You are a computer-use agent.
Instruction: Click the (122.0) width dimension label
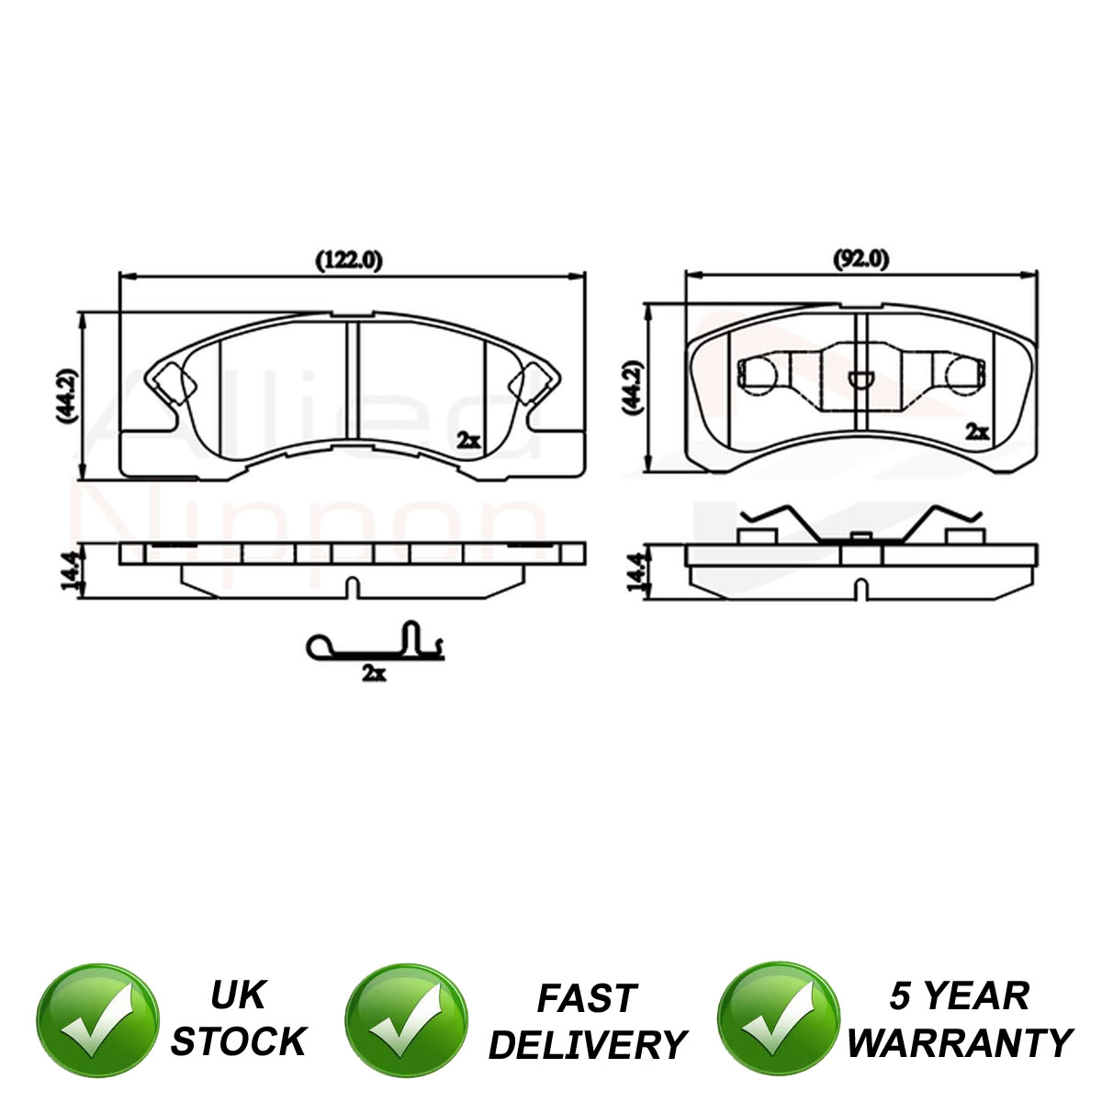coord(349,261)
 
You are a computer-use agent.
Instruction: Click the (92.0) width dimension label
coord(860,260)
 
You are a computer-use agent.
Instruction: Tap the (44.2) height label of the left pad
coord(67,396)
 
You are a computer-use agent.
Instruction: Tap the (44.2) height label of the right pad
coord(632,388)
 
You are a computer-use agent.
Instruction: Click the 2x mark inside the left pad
coord(468,441)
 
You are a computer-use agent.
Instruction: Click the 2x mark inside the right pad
coord(977,432)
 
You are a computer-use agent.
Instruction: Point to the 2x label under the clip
coord(374,674)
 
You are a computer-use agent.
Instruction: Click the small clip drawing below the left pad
coord(376,642)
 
